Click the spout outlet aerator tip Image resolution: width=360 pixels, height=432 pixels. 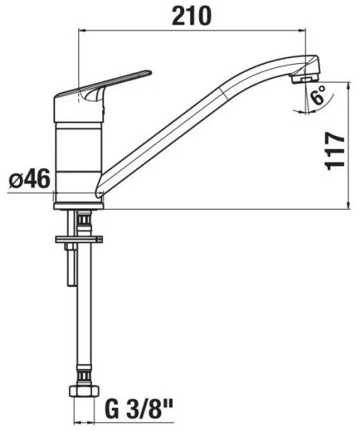pos(301,78)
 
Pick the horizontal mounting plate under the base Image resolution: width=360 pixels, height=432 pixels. pos(81,238)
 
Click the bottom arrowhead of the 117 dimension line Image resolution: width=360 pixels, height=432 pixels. pos(349,205)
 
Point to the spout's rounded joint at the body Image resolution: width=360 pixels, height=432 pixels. pos(99,190)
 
